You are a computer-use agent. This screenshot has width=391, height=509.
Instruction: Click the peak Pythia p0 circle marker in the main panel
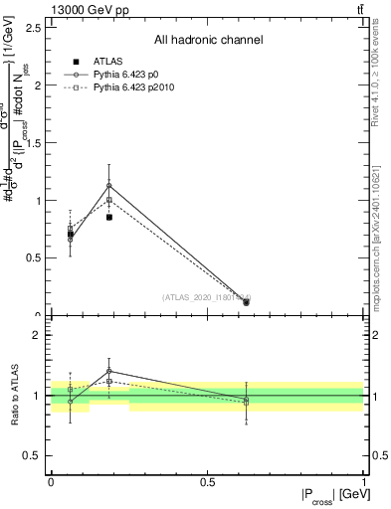(x=108, y=185)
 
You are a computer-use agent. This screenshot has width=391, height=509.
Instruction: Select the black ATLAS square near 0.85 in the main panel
(x=108, y=217)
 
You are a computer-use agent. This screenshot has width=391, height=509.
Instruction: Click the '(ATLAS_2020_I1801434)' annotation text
(x=206, y=296)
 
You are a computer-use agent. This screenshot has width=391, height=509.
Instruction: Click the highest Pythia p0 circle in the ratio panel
(x=108, y=371)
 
